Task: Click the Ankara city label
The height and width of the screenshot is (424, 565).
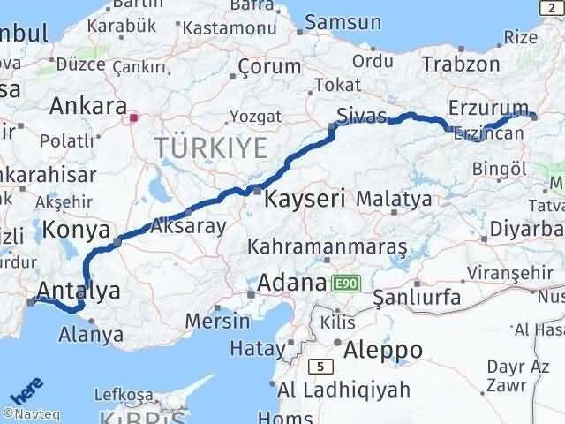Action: pyautogui.click(x=87, y=107)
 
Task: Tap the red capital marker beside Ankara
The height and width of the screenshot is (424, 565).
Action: pyautogui.click(x=134, y=117)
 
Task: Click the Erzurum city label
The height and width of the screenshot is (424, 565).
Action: pyautogui.click(x=487, y=106)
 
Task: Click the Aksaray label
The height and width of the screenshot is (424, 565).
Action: pyautogui.click(x=189, y=225)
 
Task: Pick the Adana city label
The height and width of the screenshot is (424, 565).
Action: pyautogui.click(x=292, y=284)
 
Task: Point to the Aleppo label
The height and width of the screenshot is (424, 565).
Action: pyautogui.click(x=385, y=350)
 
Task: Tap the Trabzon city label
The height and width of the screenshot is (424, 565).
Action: pyautogui.click(x=460, y=64)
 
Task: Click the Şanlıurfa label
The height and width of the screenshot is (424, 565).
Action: pyautogui.click(x=417, y=298)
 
